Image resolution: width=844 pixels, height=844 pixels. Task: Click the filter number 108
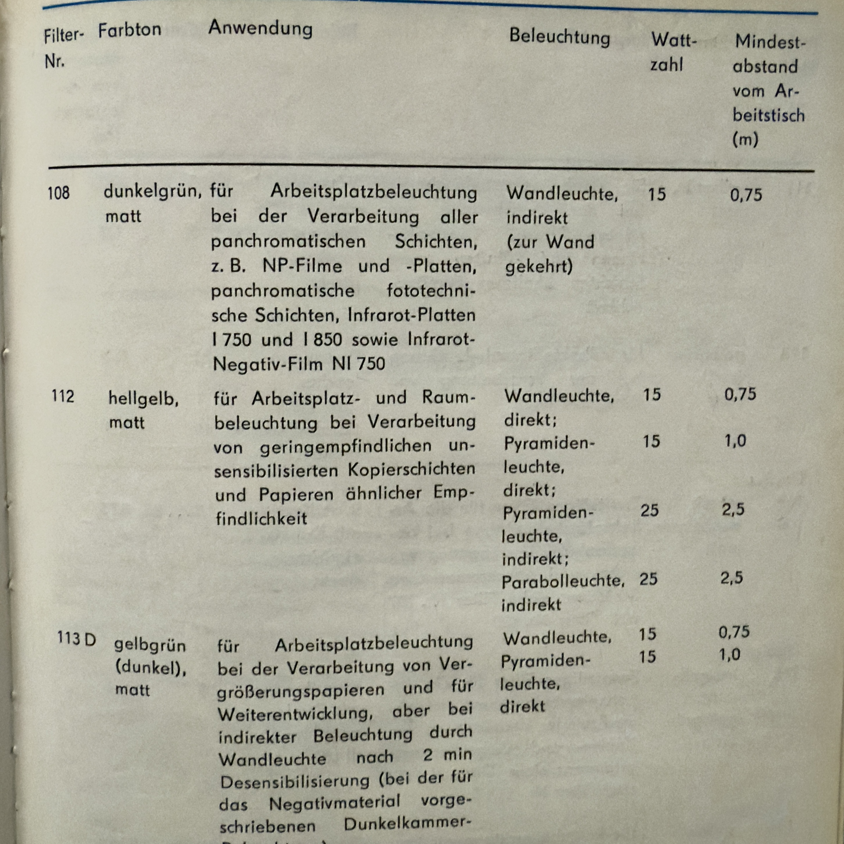(x=58, y=193)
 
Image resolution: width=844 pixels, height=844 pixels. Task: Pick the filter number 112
(x=63, y=396)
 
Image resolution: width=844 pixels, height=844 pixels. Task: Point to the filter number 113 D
(x=76, y=639)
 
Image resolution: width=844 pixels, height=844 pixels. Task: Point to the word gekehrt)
(x=539, y=266)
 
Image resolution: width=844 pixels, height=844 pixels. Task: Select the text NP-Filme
(x=302, y=266)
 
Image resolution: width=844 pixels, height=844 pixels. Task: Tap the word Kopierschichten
(x=412, y=469)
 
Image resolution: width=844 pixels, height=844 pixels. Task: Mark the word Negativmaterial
(x=335, y=802)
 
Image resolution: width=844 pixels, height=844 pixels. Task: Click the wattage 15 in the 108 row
(x=657, y=194)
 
